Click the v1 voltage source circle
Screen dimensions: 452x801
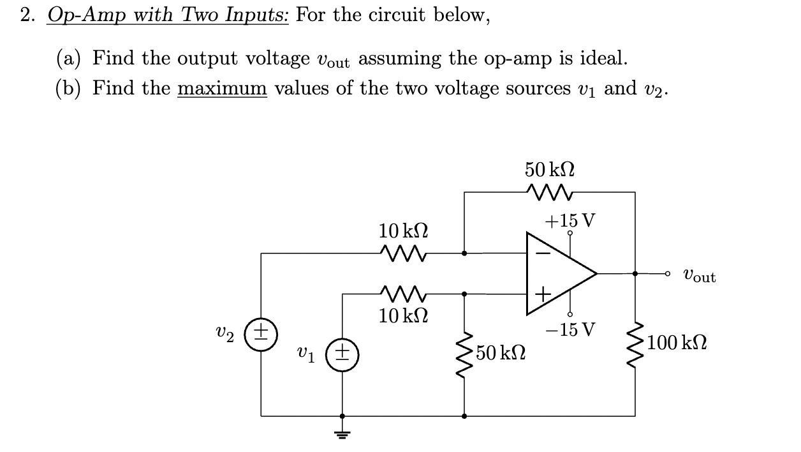point(343,353)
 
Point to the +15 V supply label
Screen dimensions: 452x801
point(570,220)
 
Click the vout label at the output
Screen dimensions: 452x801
point(699,276)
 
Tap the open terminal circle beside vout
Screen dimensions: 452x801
point(668,273)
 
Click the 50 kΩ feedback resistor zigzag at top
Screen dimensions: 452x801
point(549,191)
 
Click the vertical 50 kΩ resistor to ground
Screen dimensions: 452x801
point(464,353)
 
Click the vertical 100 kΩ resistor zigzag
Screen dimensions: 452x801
point(635,345)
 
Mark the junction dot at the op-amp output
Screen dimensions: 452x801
point(635,273)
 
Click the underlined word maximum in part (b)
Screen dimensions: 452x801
point(221,88)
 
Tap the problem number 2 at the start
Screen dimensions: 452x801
point(26,15)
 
